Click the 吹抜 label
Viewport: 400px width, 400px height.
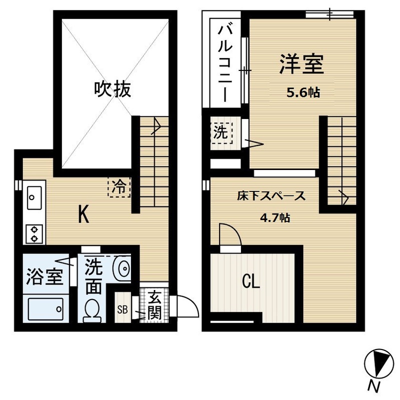coord(113,89)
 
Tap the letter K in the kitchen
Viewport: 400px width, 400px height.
coord(83,214)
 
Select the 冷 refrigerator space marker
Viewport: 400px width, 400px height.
coord(119,187)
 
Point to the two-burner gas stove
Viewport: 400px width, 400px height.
coord(34,234)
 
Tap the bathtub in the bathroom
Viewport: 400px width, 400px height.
coord(45,309)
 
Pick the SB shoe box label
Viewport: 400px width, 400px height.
coord(122,310)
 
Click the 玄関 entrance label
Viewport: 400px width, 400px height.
coord(154,305)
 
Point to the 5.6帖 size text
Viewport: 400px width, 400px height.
coord(303,92)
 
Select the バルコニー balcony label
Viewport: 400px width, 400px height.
coord(225,64)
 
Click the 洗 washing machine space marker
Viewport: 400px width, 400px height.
coord(221,132)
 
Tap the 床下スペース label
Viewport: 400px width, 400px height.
coord(271,195)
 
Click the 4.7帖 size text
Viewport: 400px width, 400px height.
coord(274,218)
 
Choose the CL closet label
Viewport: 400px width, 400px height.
coord(251,282)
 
